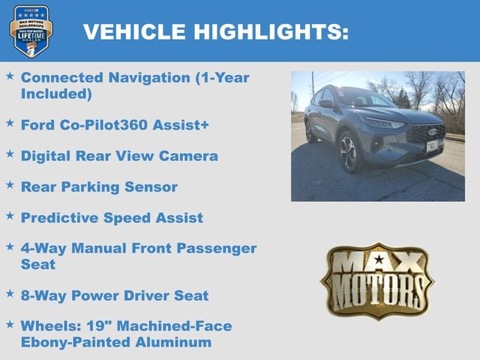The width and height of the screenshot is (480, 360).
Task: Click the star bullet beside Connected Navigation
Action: pos(10,76)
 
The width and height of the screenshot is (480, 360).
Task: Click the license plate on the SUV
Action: pos(432,145)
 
